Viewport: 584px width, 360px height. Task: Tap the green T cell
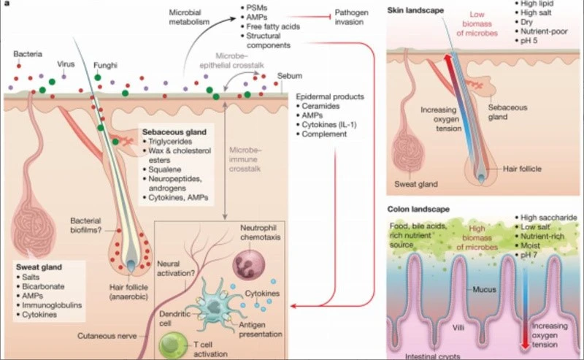pos(174,345)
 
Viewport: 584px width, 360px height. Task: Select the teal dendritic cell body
pos(215,307)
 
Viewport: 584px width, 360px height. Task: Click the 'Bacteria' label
pos(28,54)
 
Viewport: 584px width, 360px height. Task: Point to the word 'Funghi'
pos(105,66)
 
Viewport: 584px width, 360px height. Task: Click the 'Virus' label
pos(66,64)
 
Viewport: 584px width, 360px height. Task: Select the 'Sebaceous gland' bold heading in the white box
pos(174,132)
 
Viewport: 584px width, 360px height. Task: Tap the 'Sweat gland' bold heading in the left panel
pos(39,267)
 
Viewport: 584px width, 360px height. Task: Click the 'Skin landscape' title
pos(415,10)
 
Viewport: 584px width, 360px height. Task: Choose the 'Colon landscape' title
pos(418,209)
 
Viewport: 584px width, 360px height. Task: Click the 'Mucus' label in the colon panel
pos(484,289)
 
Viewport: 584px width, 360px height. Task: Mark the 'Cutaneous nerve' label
pos(107,336)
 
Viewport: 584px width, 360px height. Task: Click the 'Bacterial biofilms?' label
pos(85,226)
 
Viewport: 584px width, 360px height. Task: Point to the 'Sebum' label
pos(289,76)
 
